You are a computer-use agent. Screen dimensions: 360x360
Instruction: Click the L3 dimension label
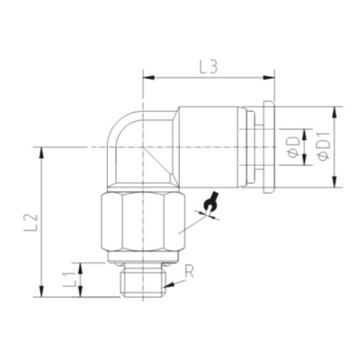tap(208, 67)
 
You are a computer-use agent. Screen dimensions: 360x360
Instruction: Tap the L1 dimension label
tap(70, 279)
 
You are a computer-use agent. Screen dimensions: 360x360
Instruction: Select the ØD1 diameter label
tap(323, 147)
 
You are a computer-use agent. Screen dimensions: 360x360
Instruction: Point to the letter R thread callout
tap(190, 271)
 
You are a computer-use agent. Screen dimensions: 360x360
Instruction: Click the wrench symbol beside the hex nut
tap(210, 204)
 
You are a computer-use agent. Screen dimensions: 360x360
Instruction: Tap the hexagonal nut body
tap(143, 222)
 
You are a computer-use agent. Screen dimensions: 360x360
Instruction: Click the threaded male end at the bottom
tap(143, 282)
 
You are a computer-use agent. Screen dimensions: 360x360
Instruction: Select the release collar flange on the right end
tap(268, 147)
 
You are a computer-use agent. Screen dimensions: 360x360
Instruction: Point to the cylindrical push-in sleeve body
tap(210, 147)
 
